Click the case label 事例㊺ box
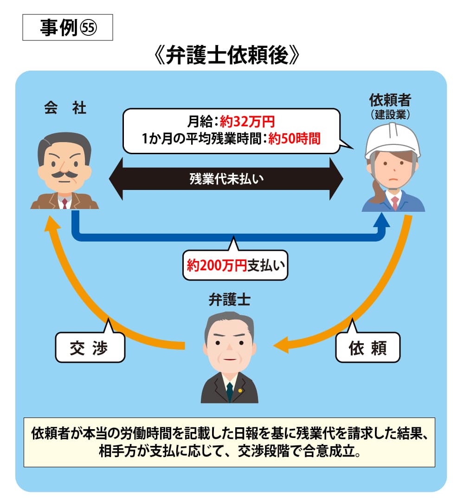pyautogui.click(x=68, y=28)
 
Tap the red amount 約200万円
pyautogui.click(x=216, y=265)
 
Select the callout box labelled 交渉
pyautogui.click(x=90, y=347)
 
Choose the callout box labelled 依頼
pyautogui.click(x=367, y=347)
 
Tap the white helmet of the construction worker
pyautogui.click(x=393, y=139)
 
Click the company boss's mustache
pyautogui.click(x=64, y=175)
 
